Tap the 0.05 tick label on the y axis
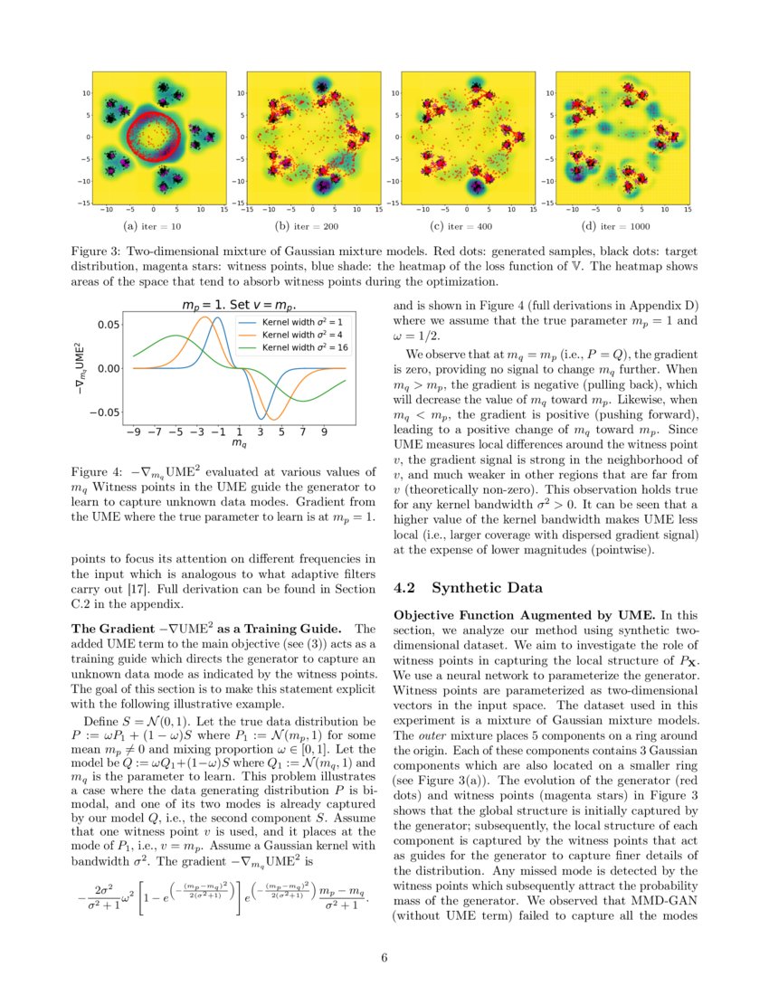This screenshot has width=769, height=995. (x=108, y=324)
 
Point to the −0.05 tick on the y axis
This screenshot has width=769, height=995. (x=104, y=412)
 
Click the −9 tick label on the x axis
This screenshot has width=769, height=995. (x=134, y=432)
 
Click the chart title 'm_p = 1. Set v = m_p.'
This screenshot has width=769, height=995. (x=240, y=306)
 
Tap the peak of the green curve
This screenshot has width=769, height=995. (x=176, y=335)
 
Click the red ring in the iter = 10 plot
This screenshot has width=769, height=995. (x=129, y=136)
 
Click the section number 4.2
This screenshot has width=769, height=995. (x=405, y=588)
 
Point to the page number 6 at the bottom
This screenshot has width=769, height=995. (x=384, y=959)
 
